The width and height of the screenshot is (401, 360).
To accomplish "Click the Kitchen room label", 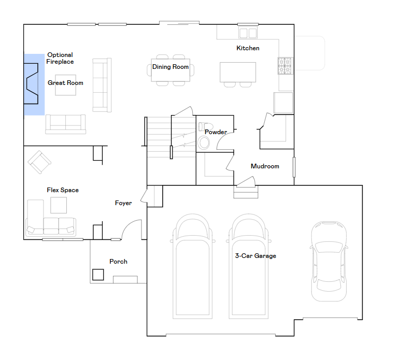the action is click(248, 48).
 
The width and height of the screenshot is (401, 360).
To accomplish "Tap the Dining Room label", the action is click(170, 67).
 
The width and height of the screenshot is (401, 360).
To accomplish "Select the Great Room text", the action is click(65, 83).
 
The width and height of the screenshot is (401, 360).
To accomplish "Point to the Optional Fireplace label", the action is click(60, 59).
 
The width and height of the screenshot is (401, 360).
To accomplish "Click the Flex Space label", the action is click(63, 190).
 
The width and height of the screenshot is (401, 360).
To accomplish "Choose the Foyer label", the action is click(123, 203).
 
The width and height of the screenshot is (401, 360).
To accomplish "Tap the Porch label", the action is click(118, 261).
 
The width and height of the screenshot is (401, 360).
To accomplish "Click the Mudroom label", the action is click(265, 166).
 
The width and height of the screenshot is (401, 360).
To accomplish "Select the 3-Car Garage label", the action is click(255, 256).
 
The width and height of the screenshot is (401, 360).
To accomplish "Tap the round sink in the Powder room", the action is click(204, 142).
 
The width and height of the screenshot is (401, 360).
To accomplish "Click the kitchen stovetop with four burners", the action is click(285, 66).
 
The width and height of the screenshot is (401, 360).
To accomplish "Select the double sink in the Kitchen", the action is click(248, 33).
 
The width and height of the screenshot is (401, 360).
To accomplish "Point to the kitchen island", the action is click(238, 72).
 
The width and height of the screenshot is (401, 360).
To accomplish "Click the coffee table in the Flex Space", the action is click(59, 205).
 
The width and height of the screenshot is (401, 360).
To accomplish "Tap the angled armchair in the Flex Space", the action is click(39, 162).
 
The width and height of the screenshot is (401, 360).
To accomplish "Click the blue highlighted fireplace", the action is click(34, 84).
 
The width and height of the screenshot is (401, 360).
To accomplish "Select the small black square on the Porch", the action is click(98, 275).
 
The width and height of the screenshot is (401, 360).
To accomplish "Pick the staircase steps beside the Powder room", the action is click(171, 137).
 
